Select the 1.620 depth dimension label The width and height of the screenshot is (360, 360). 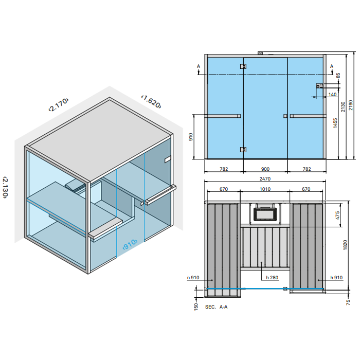(152, 101)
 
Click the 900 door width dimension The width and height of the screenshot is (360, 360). (264, 169)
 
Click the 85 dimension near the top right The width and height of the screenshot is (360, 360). (338, 75)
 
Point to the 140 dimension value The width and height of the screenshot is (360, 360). (332, 95)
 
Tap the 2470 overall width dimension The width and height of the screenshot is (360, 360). (264, 178)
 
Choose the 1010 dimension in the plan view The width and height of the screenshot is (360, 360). (264, 189)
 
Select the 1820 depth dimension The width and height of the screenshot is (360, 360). (337, 246)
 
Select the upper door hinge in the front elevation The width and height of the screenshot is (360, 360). (243, 66)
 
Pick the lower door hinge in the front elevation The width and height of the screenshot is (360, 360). (243, 150)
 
